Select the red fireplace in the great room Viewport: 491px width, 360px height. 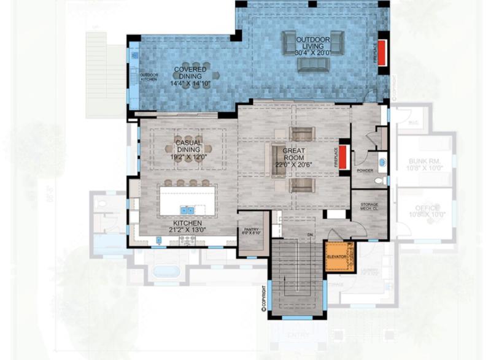(345, 157)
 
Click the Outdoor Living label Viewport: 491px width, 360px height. (313, 40)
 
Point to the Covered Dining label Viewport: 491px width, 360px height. (190, 70)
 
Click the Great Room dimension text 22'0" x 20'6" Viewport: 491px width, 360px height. (293, 164)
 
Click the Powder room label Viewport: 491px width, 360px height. (365, 170)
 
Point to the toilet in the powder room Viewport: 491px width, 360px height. (381, 180)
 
